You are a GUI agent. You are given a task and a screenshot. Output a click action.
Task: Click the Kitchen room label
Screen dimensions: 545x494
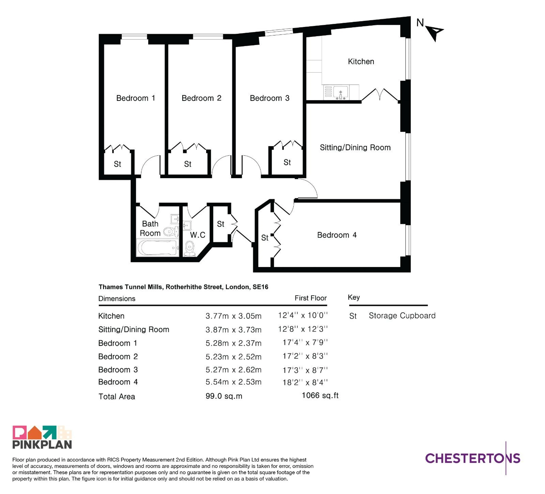click(361, 62)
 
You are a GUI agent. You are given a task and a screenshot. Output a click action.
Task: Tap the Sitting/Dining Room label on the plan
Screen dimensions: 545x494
click(355, 148)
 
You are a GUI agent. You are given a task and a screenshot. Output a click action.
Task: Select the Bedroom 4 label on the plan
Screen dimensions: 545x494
click(337, 235)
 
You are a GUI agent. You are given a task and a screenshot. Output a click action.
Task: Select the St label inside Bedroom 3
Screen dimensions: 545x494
click(287, 162)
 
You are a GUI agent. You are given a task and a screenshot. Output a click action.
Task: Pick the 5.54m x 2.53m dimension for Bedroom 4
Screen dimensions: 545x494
click(233, 382)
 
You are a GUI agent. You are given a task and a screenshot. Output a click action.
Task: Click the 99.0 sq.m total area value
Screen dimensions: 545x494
click(224, 396)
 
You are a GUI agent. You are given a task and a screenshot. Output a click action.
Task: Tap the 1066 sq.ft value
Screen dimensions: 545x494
click(320, 396)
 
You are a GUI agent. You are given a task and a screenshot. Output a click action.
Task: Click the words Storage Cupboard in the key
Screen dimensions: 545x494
click(402, 316)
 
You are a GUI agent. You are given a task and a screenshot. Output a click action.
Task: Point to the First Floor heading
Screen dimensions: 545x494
click(311, 298)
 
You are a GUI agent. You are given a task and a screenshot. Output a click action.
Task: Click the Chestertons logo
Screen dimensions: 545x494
click(473, 458)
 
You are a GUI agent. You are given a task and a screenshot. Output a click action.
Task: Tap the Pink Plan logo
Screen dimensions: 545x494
click(42, 437)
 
